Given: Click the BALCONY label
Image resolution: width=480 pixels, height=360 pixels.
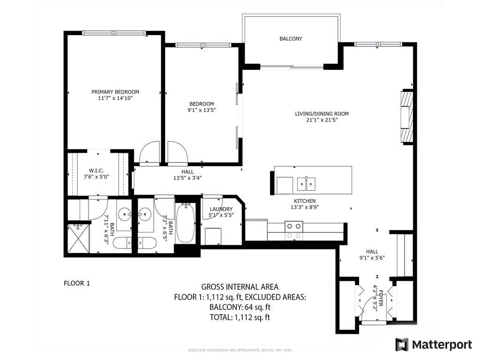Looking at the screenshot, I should click(x=291, y=39).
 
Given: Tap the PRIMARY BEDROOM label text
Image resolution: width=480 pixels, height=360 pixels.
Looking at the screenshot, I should click(x=115, y=92).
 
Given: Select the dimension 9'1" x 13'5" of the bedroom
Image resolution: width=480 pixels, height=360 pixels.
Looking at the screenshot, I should click(x=202, y=110).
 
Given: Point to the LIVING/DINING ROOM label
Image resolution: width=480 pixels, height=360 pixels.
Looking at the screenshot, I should click(x=322, y=114).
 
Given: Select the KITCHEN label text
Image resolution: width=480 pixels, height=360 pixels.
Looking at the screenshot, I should click(x=305, y=201).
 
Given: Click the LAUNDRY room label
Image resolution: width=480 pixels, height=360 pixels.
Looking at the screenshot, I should click(x=220, y=209).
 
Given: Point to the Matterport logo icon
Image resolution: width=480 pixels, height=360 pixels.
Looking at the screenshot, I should click(x=402, y=345).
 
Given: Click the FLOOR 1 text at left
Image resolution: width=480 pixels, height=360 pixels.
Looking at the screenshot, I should click(x=76, y=283).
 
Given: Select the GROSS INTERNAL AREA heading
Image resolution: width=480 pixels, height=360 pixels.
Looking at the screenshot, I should click(x=240, y=287).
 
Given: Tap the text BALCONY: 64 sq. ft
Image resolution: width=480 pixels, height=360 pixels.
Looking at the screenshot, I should click(x=240, y=307).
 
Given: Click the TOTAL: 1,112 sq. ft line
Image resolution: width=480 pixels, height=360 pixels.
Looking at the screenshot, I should click(x=240, y=318).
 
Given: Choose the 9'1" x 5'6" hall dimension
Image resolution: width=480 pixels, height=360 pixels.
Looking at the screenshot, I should click(x=368, y=257).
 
